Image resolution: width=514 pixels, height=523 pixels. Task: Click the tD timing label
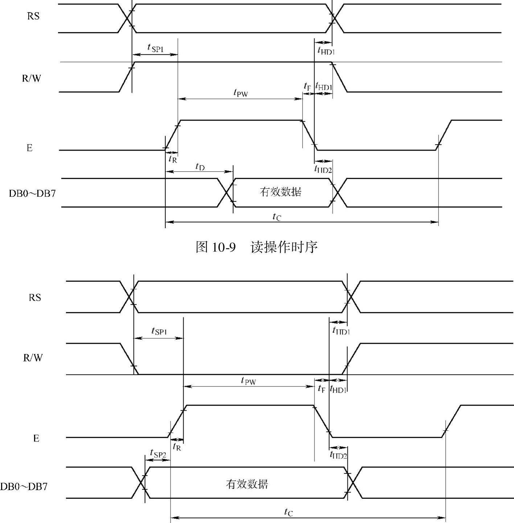pos(200,167)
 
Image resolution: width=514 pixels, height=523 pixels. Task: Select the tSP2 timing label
pos(158,453)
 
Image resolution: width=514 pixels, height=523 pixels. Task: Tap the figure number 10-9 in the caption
pos(223,247)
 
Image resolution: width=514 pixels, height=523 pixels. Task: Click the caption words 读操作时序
pos(284,247)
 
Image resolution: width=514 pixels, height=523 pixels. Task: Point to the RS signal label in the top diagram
pos(33,16)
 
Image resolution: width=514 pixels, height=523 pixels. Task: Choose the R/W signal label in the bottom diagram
pos(33,358)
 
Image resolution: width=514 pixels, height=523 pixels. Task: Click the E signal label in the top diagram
pos(29,148)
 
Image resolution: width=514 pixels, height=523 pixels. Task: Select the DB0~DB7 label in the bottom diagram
pos(24,486)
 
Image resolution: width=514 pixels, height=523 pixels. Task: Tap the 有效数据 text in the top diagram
pos(280,192)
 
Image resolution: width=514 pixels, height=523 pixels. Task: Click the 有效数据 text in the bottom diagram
pos(247,484)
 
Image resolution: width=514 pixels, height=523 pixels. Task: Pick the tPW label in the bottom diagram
pos(248,381)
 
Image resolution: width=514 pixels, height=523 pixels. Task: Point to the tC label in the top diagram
pos(277,217)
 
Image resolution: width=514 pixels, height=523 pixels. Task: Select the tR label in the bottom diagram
pos(177,447)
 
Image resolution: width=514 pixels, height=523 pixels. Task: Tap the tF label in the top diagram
pos(307,87)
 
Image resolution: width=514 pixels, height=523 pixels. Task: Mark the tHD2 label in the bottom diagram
pos(338,455)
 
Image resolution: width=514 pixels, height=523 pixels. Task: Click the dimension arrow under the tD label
pos(199,172)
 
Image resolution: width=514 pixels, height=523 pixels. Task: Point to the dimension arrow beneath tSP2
pos(157,460)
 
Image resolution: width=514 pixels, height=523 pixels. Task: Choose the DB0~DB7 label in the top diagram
pos(32,193)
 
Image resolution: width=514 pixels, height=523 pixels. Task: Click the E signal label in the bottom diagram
pos(36,439)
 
